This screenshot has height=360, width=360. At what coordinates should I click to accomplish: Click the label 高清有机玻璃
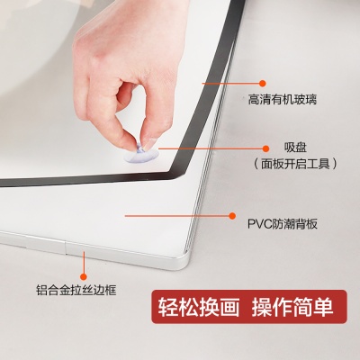point(283,99)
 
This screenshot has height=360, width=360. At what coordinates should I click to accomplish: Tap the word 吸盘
point(295,148)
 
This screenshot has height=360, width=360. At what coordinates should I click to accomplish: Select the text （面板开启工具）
point(295,164)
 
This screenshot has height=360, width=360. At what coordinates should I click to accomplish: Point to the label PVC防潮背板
point(283,224)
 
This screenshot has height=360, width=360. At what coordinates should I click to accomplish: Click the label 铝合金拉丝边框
point(76,290)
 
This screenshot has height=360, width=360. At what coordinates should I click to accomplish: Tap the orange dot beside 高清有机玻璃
point(263,83)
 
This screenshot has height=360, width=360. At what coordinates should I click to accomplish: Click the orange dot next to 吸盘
point(265,148)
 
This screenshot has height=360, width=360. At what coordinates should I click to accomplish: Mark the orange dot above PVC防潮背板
point(232,216)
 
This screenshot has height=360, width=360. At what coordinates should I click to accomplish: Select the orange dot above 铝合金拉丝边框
point(84,277)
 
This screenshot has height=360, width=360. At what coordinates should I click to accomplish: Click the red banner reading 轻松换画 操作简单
point(249,307)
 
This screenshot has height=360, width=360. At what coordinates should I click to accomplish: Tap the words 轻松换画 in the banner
point(199,307)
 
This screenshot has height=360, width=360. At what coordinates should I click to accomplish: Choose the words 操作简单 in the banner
point(292,307)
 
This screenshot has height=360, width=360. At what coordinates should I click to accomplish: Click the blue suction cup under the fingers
point(141,155)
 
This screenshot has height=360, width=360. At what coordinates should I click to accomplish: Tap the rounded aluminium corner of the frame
point(183,263)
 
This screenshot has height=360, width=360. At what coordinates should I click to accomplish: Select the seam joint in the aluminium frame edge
point(66,247)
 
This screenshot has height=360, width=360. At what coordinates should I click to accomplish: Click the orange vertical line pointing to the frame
point(84,263)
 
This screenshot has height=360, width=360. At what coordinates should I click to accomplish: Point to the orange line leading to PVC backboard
point(177,216)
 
